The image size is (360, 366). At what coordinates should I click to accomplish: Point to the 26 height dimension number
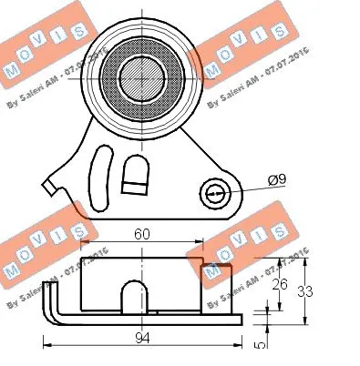[281, 285]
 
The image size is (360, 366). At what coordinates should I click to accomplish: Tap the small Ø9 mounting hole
[216, 193]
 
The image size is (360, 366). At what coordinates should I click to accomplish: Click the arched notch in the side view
[135, 297]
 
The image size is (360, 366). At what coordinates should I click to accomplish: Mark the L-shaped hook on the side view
[54, 305]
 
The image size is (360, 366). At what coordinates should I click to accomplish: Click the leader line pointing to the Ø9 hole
[246, 188]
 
